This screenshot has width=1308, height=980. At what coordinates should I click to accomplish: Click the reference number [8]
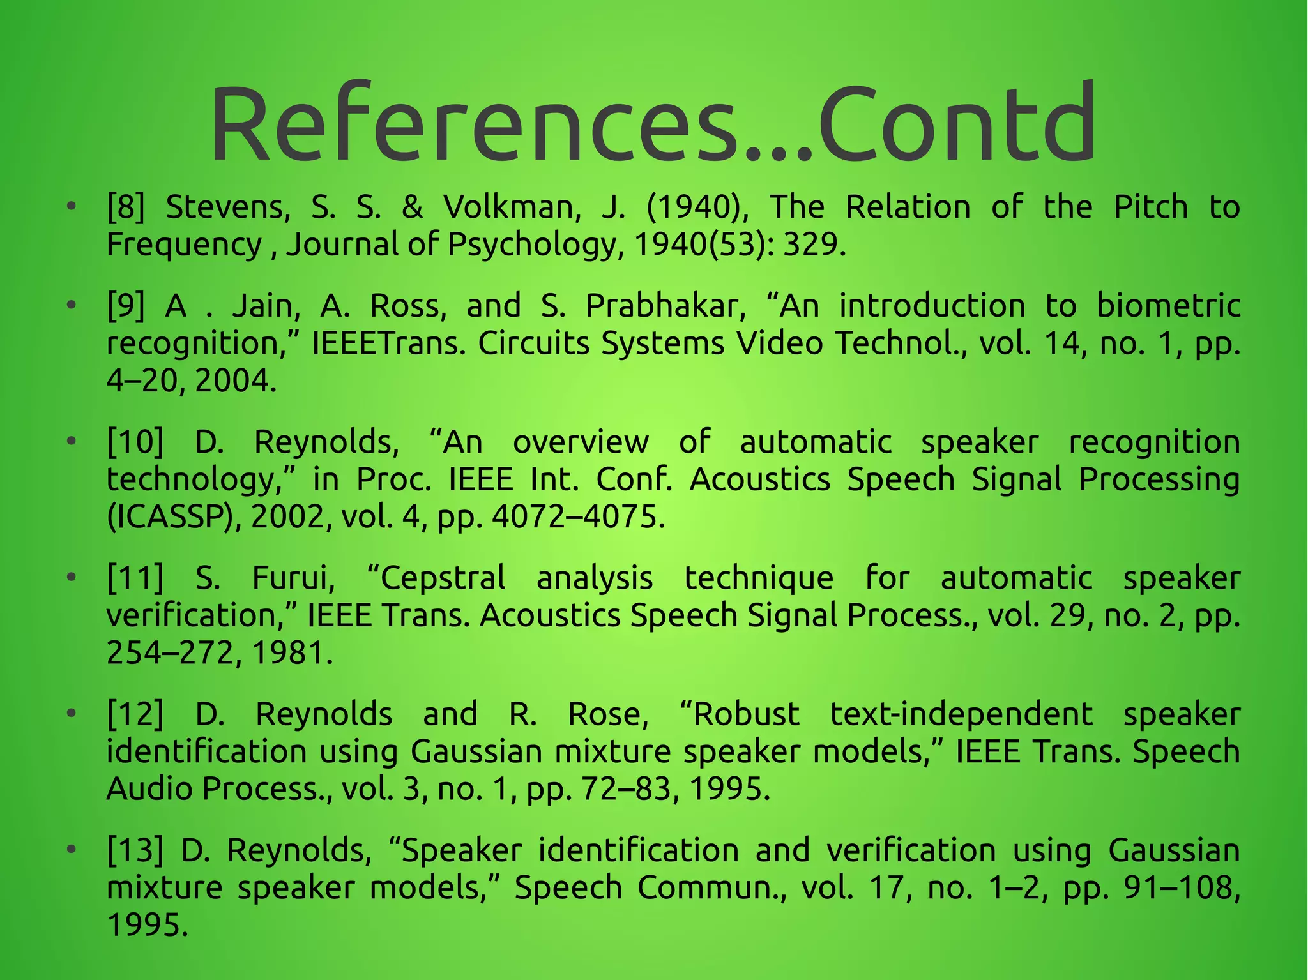pos(126,207)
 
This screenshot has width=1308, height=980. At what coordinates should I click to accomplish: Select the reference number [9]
pos(126,306)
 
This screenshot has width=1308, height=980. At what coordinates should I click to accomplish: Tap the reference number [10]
pos(135,442)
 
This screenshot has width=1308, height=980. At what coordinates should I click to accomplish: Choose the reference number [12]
pos(135,714)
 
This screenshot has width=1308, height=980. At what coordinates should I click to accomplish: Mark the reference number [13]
pos(135,850)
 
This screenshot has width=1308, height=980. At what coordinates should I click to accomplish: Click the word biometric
pos(1168,306)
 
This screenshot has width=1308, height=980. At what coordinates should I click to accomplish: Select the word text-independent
pos(961,714)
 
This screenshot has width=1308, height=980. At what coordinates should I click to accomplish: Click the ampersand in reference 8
pos(412,207)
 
